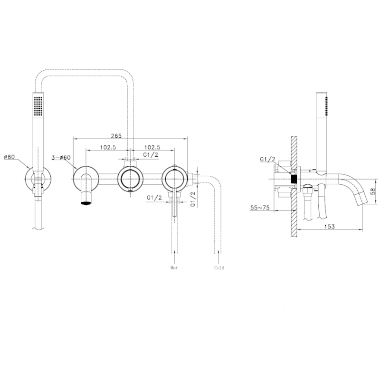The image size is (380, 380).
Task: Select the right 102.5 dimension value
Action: point(152,147)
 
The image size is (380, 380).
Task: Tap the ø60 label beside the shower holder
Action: point(10,157)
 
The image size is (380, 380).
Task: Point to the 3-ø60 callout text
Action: point(61,157)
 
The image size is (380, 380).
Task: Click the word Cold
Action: point(219,268)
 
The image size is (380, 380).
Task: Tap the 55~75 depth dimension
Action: point(260,208)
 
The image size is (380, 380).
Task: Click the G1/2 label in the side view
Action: point(267,159)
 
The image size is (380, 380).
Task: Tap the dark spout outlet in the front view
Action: point(86,203)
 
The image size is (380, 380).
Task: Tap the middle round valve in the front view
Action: point(130,180)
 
